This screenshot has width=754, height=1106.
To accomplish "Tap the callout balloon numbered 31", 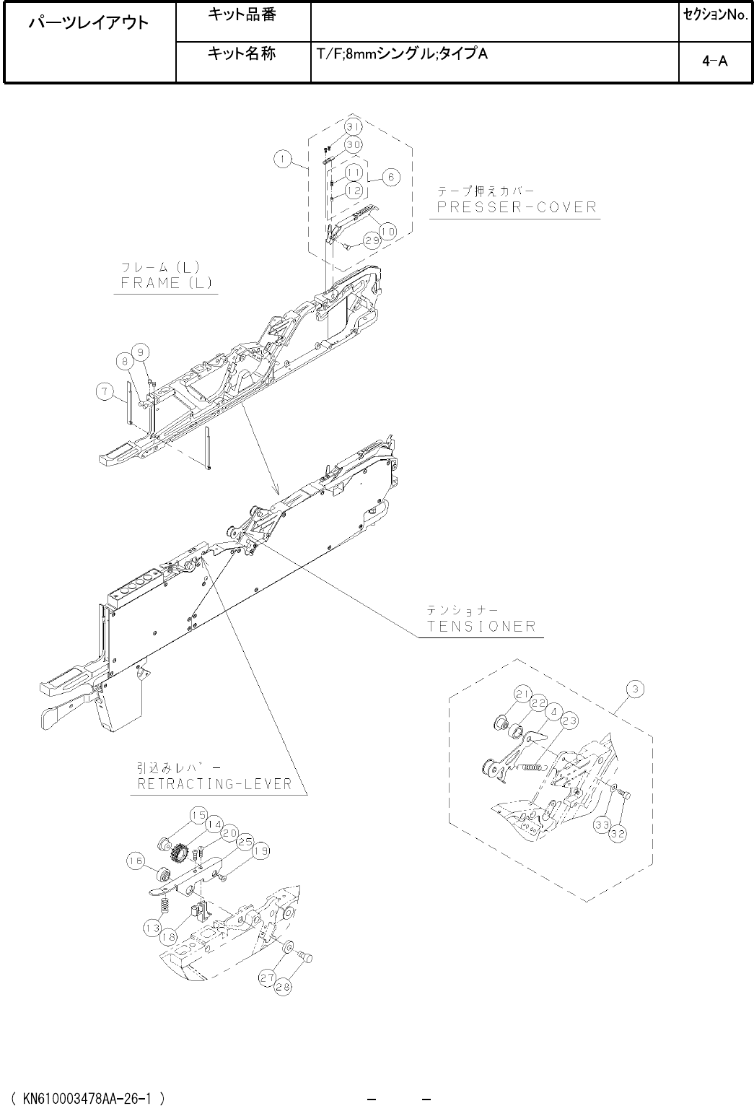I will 352,127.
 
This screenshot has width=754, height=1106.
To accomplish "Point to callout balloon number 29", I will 372,241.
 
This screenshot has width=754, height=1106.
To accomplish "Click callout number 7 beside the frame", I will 105,392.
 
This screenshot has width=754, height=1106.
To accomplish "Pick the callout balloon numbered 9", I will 142,352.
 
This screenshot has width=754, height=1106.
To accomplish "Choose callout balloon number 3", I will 634,689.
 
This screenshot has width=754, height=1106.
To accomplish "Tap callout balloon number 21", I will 523,694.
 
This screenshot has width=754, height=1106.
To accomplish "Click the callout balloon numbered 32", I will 618,833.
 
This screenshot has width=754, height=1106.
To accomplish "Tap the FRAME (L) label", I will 164,282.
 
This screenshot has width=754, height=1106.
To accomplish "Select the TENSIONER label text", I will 482,625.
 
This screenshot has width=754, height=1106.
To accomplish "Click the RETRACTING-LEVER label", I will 214,784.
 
